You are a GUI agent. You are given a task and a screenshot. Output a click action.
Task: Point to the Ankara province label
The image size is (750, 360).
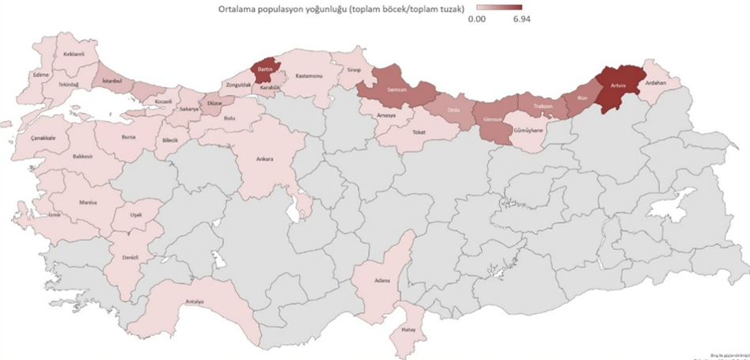[x=264, y=159]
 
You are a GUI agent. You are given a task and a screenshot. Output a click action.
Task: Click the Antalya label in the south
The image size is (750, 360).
[x=195, y=302]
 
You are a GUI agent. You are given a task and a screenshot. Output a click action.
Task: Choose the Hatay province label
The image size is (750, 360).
[x=408, y=328]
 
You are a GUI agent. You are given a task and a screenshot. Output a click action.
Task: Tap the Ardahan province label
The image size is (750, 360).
[x=656, y=82]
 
